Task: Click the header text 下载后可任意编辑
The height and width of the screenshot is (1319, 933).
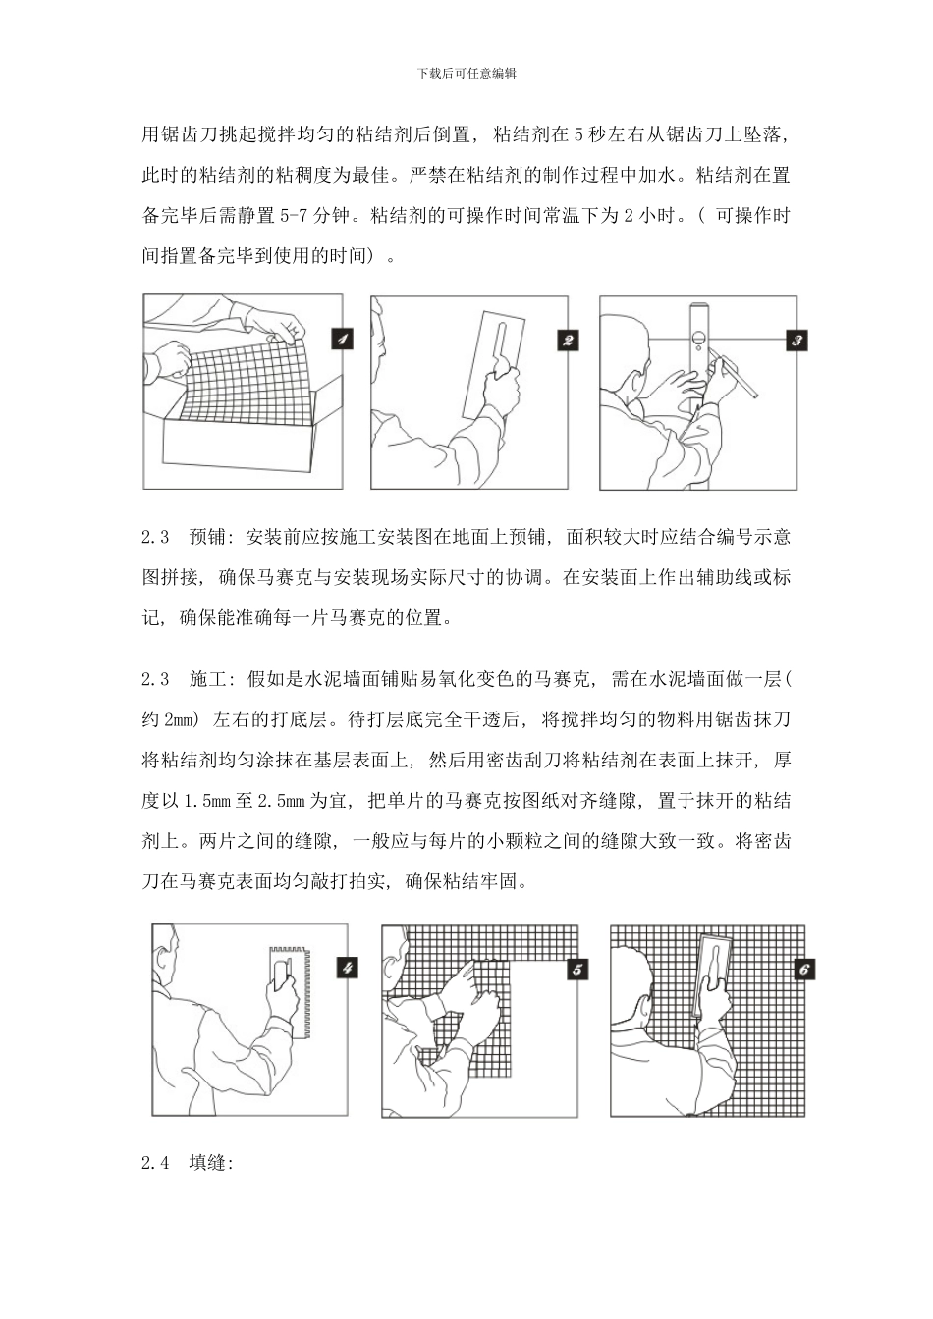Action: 466,73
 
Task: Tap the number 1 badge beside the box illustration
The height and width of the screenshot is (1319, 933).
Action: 341,340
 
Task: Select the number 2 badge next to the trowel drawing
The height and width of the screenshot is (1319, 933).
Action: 568,341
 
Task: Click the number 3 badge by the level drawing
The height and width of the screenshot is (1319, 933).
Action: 797,341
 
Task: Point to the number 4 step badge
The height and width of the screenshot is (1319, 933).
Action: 348,968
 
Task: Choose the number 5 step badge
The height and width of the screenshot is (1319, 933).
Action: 577,969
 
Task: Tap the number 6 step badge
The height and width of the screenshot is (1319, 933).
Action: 804,969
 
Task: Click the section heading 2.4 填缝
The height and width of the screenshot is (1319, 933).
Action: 187,1163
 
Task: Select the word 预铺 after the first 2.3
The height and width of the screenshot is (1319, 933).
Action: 207,537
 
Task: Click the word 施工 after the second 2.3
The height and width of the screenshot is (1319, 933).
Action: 207,678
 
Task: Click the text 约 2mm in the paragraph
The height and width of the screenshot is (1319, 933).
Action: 171,719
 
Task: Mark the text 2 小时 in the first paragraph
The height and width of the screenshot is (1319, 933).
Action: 649,216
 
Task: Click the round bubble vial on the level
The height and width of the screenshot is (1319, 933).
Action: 697,342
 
